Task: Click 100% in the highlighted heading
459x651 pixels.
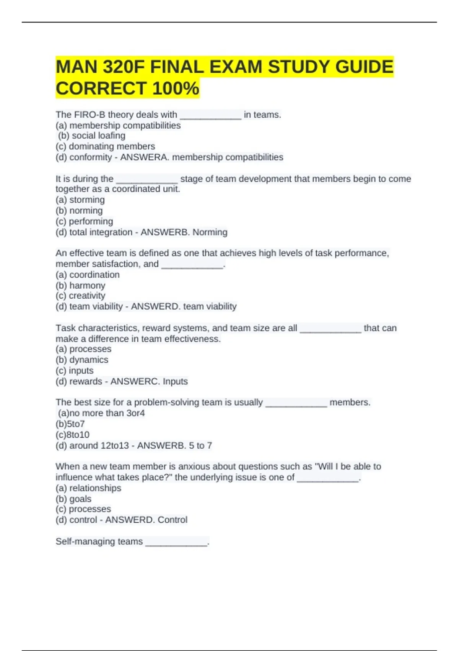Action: pyautogui.click(x=176, y=88)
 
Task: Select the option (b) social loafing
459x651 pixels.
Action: pyautogui.click(x=92, y=136)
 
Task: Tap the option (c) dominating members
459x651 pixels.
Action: pyautogui.click(x=105, y=146)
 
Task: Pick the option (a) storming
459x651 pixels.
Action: pyautogui.click(x=80, y=200)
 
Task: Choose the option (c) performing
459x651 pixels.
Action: pyautogui.click(x=84, y=221)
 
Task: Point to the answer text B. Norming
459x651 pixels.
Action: pyautogui.click(x=205, y=232)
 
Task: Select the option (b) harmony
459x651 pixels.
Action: pyautogui.click(x=80, y=285)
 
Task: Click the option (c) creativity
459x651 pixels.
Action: pyautogui.click(x=80, y=296)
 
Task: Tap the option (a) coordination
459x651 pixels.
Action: pyautogui.click(x=88, y=275)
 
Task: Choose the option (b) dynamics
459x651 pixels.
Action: pyautogui.click(x=82, y=360)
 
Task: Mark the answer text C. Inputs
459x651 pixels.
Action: pyautogui.click(x=171, y=381)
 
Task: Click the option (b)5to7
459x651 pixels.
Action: pyautogui.click(x=70, y=424)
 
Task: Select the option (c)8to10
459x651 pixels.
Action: pyautogui.click(x=72, y=435)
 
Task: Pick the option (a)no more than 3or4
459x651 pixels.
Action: pyautogui.click(x=101, y=413)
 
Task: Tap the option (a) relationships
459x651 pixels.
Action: pyautogui.click(x=88, y=488)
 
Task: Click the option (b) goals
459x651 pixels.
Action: pyautogui.click(x=73, y=499)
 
